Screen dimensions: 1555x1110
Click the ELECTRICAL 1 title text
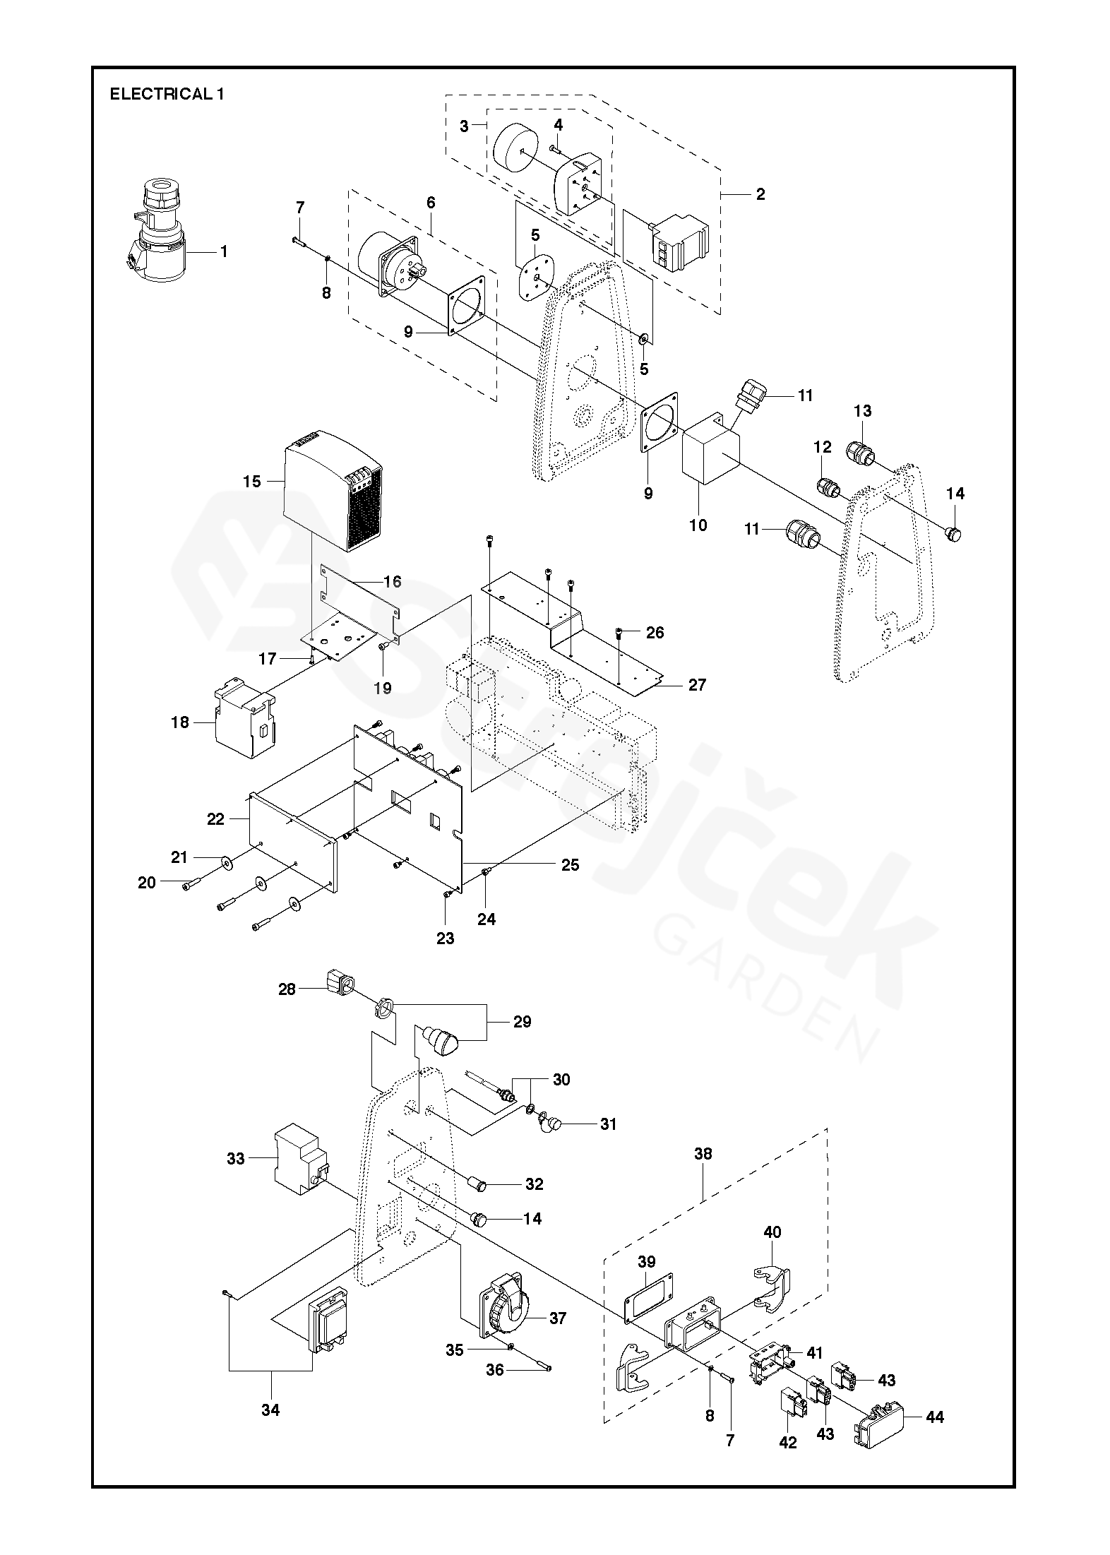point(167,94)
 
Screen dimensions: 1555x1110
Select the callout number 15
point(252,482)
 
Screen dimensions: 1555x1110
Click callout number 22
point(215,818)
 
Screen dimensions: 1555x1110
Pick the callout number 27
point(697,684)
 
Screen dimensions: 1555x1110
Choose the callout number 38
point(703,1155)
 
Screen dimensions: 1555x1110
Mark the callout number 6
point(431,203)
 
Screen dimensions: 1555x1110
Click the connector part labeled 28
point(340,984)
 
